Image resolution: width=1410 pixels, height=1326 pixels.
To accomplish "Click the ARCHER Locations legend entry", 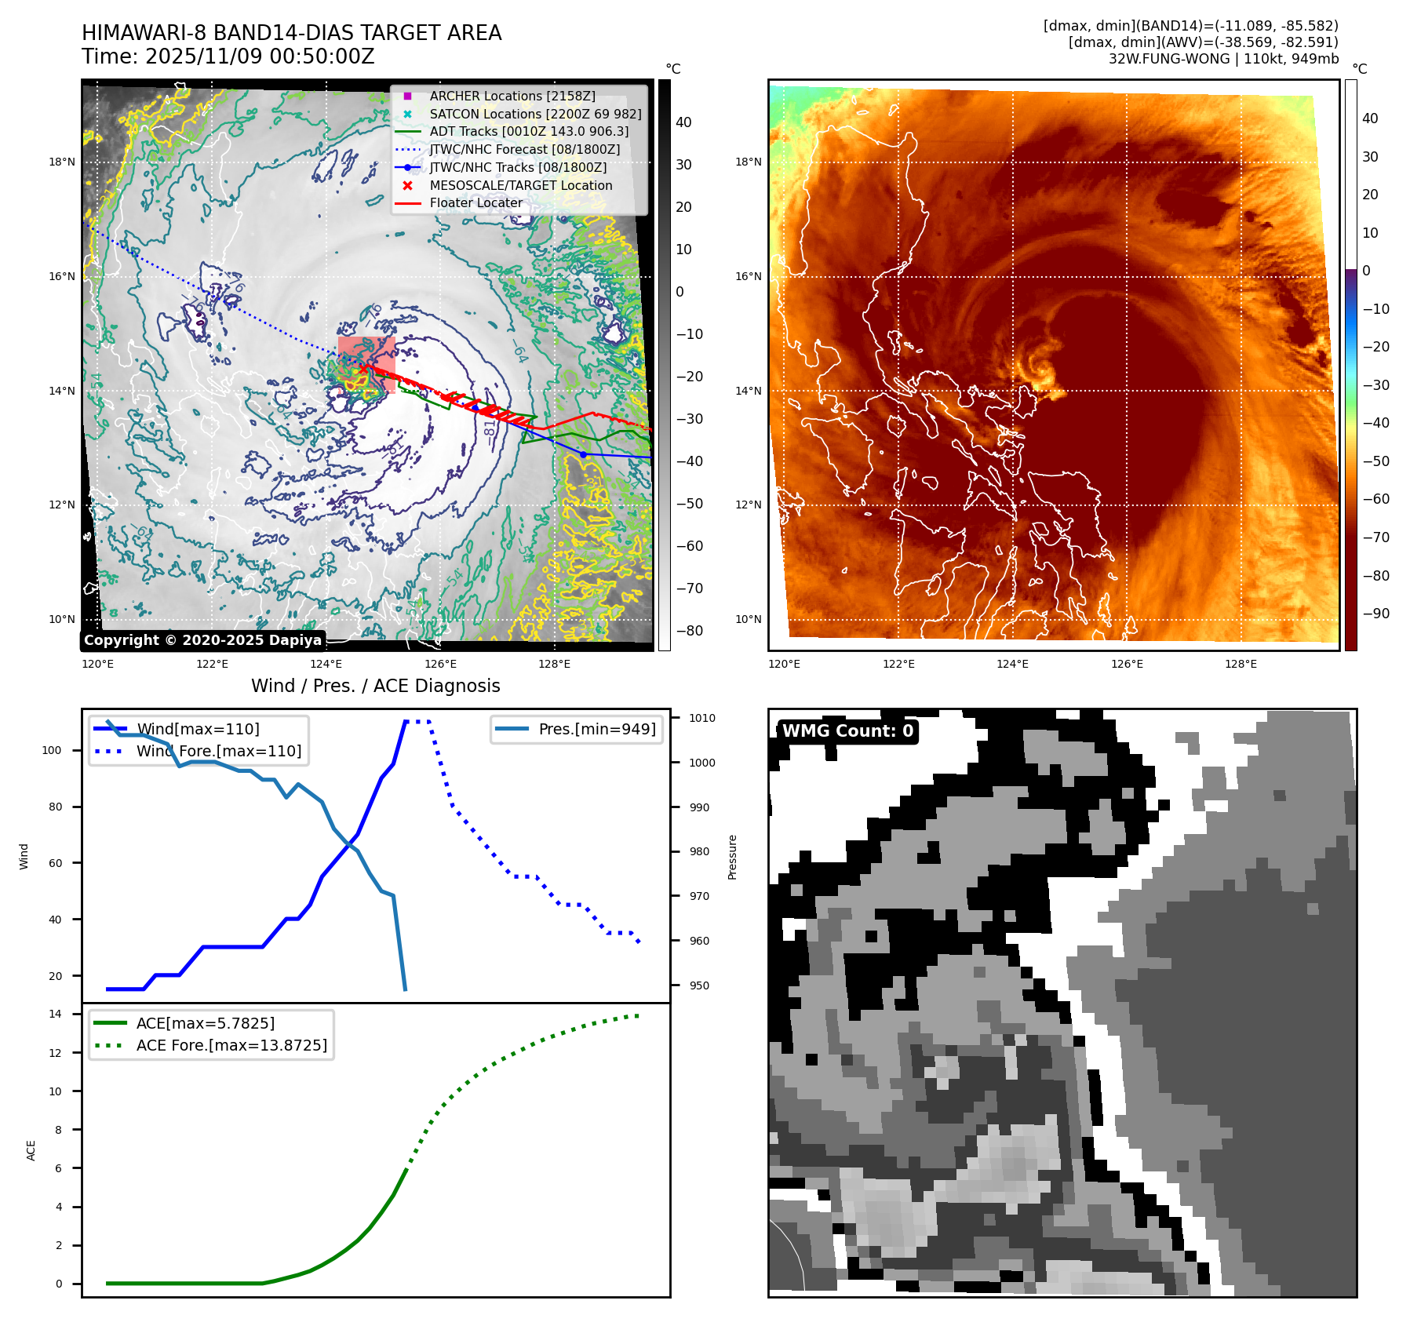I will (x=512, y=96).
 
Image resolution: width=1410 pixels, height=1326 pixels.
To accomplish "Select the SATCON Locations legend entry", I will (x=535, y=114).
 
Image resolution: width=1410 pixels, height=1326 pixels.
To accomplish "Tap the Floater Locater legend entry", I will (x=475, y=202).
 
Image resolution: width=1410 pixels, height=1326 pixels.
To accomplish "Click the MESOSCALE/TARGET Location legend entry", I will (x=520, y=185).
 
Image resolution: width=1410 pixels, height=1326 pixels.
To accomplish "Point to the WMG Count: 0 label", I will (x=847, y=731).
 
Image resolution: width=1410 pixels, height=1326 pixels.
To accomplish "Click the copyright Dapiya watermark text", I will (x=202, y=640).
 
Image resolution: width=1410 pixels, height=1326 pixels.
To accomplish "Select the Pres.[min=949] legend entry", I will (x=596, y=729).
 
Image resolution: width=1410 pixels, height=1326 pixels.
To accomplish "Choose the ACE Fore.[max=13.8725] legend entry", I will (x=231, y=1045).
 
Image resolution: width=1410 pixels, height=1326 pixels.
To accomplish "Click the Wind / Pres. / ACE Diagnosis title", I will (x=375, y=686).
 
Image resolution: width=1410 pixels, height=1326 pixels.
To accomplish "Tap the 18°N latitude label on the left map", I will (x=62, y=162).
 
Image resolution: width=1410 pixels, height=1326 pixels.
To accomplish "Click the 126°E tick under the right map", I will (x=1127, y=664).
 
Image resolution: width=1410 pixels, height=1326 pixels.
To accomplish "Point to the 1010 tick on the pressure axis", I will (x=701, y=718).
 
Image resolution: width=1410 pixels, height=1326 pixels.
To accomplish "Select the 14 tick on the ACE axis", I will (x=55, y=1014).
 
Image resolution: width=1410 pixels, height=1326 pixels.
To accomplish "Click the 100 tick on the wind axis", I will (x=52, y=750).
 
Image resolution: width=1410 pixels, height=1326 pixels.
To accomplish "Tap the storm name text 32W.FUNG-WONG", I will (x=1168, y=59).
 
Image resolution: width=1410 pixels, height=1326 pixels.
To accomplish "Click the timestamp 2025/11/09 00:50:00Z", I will (x=260, y=56).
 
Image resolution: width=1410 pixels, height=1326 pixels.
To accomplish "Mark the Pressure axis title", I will (x=732, y=857).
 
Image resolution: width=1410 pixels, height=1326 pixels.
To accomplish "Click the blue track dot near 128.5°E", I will (x=583, y=454).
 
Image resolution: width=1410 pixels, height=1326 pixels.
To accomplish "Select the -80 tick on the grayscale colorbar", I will (x=689, y=631).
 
